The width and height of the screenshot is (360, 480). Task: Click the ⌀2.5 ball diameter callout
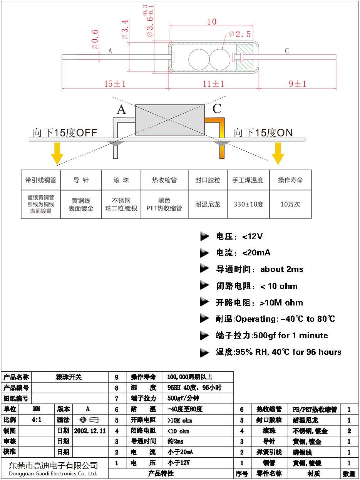239,34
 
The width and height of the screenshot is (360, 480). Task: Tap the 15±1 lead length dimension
115,84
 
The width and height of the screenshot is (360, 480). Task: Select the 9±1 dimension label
297,84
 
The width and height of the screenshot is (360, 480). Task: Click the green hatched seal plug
246,57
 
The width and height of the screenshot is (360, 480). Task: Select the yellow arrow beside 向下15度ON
278,153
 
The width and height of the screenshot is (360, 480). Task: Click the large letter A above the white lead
121,110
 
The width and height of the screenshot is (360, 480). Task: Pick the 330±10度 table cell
248,204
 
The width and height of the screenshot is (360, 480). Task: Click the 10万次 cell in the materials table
290,204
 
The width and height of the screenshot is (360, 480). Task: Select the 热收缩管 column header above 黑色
164,180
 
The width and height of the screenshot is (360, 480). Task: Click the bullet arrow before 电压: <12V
204,237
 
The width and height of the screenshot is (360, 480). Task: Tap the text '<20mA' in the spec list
256,253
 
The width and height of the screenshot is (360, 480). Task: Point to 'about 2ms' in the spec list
282,269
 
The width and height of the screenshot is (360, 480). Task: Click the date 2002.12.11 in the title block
90,430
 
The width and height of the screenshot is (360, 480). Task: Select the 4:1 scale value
37,420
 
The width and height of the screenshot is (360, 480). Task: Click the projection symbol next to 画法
90,420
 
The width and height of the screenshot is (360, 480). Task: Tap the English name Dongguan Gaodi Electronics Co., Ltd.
53,473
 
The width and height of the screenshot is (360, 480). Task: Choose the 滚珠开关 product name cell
69,377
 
